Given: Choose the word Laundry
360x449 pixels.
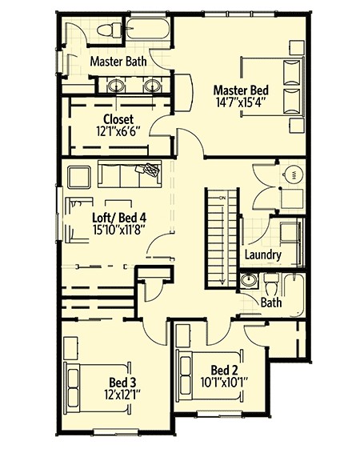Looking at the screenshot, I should coord(262,255).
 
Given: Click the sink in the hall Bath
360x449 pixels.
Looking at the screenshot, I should coord(250,282).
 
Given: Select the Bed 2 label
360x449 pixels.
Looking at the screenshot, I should coord(225,370).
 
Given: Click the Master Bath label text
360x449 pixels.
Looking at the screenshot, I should coord(116,61).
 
